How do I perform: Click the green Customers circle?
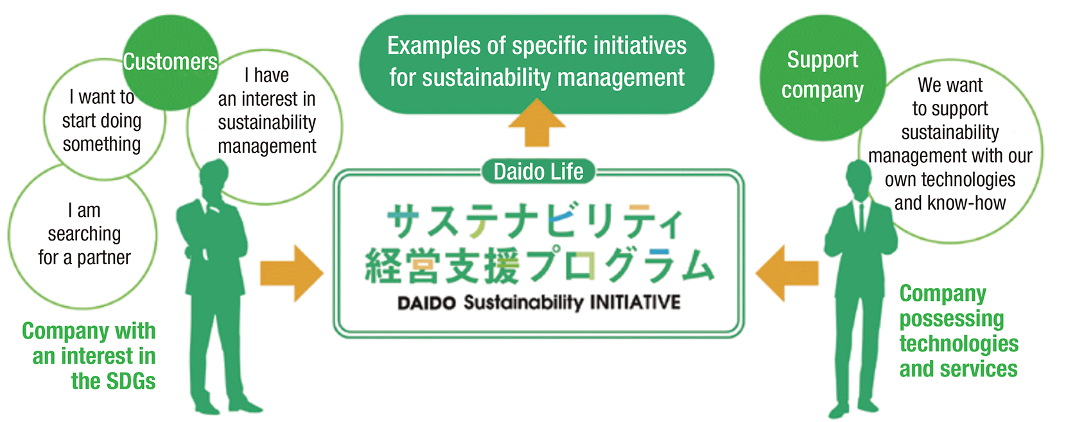coord(170,62)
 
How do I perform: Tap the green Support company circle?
coord(823,76)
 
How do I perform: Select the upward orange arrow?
coord(537,123)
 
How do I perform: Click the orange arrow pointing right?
coord(291,273)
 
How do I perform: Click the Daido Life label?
coord(538,172)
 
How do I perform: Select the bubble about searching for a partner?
coord(83,235)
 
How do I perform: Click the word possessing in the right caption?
coord(951,319)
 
